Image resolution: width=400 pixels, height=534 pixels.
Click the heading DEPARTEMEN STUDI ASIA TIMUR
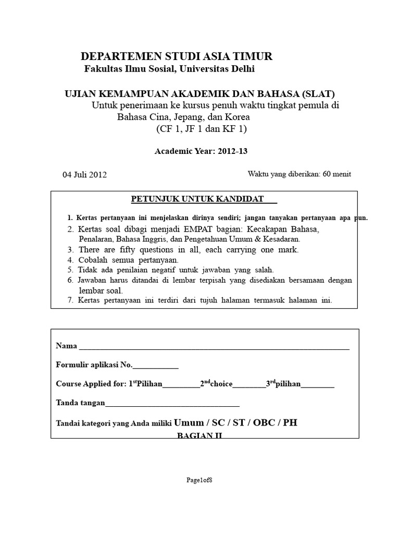[177, 56]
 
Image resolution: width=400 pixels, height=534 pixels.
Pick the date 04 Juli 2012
[84, 175]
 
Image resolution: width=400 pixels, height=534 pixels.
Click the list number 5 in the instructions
[70, 270]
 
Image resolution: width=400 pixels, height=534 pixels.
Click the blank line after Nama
[214, 346]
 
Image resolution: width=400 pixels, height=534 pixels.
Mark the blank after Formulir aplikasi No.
[156, 366]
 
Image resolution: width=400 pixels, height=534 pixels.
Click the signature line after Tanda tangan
[172, 404]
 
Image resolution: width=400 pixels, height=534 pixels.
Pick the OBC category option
[263, 422]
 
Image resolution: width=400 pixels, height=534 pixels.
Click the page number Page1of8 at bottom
[199, 480]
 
